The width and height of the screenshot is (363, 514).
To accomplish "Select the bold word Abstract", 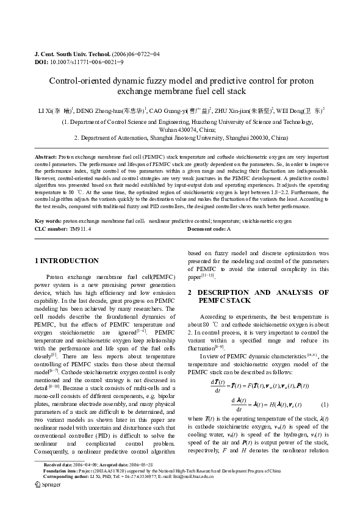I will [46, 157].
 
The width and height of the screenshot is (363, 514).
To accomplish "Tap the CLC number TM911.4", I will [81, 228].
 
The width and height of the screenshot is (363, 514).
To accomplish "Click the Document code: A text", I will [209, 228].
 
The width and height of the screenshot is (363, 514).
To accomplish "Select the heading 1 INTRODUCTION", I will [66, 261].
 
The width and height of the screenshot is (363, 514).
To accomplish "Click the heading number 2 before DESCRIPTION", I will [190, 292].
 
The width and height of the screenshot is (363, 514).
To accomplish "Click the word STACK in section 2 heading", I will [237, 300].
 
